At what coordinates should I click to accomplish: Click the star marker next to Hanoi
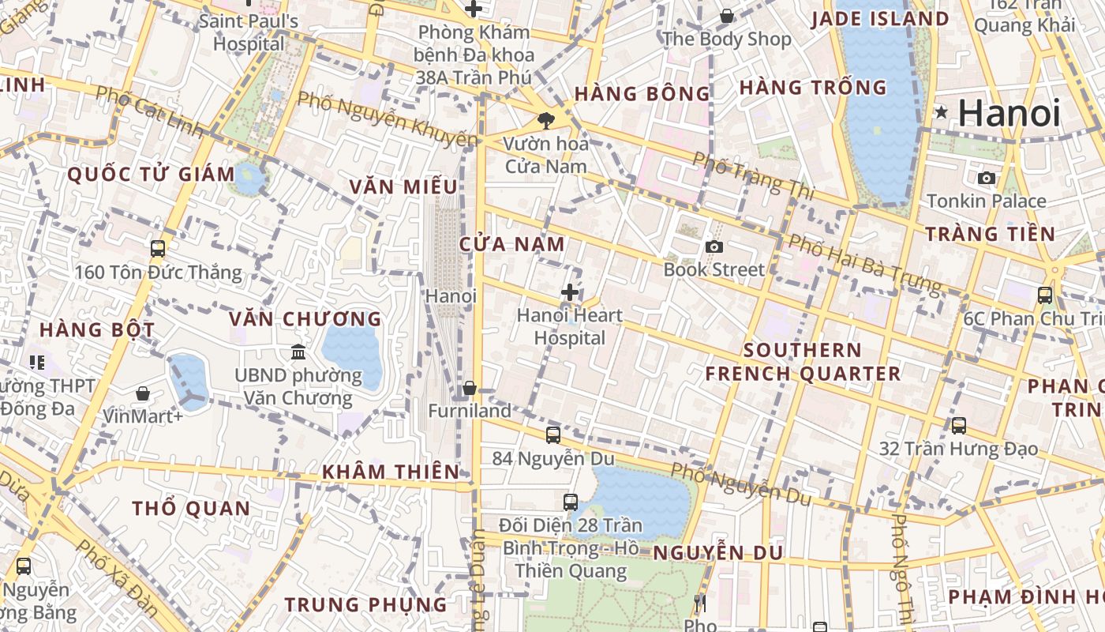pyautogui.click(x=941, y=112)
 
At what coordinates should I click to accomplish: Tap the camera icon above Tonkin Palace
pyautogui.click(x=986, y=178)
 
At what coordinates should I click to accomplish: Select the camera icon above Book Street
pyautogui.click(x=714, y=246)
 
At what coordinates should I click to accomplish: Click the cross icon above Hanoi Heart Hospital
pyautogui.click(x=569, y=292)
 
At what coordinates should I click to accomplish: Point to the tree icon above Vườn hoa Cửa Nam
pyautogui.click(x=545, y=120)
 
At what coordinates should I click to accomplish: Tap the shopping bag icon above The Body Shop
pyautogui.click(x=726, y=16)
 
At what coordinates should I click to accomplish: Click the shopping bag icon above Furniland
pyautogui.click(x=470, y=388)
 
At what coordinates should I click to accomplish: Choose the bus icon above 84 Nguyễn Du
pyautogui.click(x=553, y=434)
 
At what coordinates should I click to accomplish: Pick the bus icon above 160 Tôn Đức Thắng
pyautogui.click(x=158, y=248)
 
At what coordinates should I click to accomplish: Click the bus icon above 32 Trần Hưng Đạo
pyautogui.click(x=959, y=425)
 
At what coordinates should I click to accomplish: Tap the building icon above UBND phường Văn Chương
pyautogui.click(x=298, y=352)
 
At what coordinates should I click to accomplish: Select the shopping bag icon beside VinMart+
pyautogui.click(x=143, y=393)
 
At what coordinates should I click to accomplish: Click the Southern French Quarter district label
pyautogui.click(x=803, y=362)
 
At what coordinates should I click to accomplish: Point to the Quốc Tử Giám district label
pyautogui.click(x=151, y=175)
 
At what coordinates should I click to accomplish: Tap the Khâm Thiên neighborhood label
pyautogui.click(x=390, y=472)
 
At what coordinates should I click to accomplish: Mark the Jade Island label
pyautogui.click(x=880, y=19)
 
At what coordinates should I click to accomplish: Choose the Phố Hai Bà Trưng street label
pyautogui.click(x=865, y=263)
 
